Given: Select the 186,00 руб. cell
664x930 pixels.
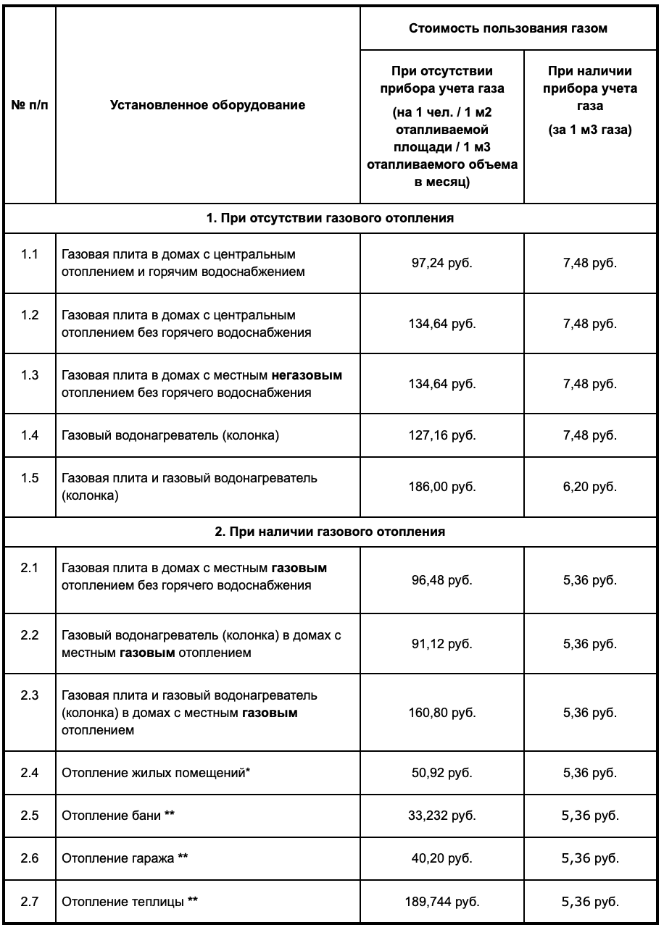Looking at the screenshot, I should pyautogui.click(x=441, y=487).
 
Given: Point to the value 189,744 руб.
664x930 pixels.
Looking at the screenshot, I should pyautogui.click(x=441, y=902).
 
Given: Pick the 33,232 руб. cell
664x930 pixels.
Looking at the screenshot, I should pyautogui.click(x=441, y=816).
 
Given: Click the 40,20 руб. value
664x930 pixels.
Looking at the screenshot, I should pyautogui.click(x=441, y=859).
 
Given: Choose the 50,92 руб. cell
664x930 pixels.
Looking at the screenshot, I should pyautogui.click(x=441, y=773).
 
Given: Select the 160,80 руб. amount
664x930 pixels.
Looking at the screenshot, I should pyautogui.click(x=441, y=713).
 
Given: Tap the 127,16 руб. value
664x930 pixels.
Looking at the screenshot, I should pyautogui.click(x=441, y=436).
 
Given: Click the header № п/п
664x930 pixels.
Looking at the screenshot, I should pyautogui.click(x=30, y=105).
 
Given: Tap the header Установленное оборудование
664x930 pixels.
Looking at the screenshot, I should pyautogui.click(x=208, y=105).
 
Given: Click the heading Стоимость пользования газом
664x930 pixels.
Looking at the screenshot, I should pyautogui.click(x=508, y=29).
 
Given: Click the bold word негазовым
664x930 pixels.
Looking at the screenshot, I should pyautogui.click(x=307, y=376).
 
